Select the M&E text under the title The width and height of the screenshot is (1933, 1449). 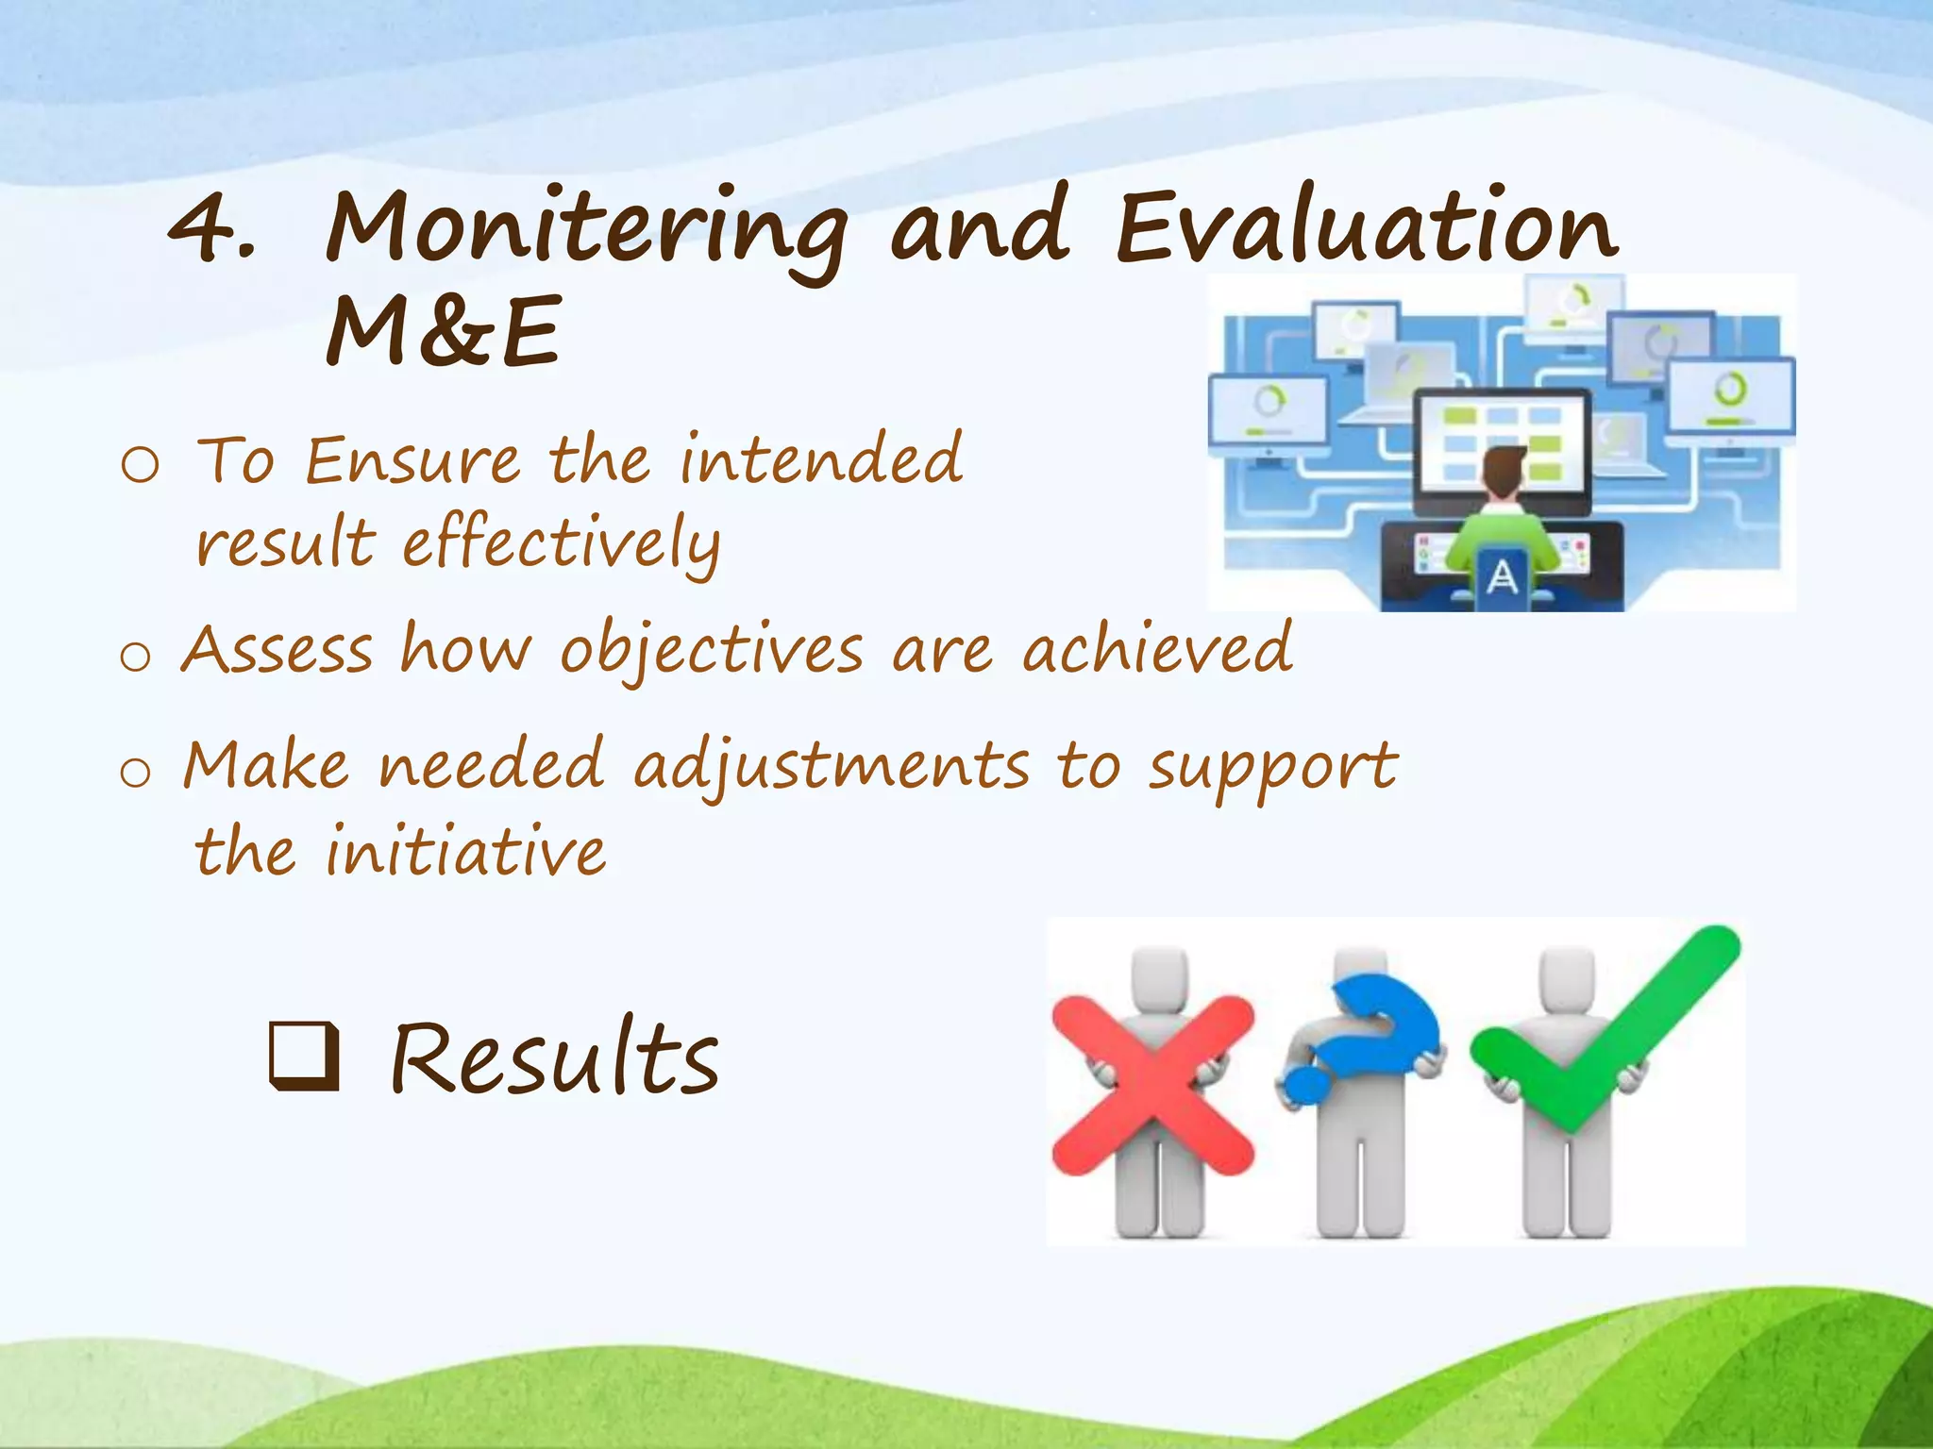click(444, 332)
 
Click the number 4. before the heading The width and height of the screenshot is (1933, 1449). click(212, 228)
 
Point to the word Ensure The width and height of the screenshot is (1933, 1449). click(412, 461)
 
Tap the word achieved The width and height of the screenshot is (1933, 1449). click(1158, 649)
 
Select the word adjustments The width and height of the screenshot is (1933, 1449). click(831, 766)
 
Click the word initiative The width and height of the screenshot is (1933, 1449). click(466, 851)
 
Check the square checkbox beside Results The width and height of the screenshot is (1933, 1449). click(304, 1057)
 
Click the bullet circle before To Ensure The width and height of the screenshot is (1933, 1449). click(141, 465)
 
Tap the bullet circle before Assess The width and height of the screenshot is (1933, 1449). click(136, 657)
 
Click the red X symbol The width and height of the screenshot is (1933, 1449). click(1152, 1085)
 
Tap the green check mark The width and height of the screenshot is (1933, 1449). click(1605, 1028)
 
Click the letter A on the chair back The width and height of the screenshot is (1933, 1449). click(1501, 576)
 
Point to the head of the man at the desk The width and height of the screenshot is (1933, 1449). click(1503, 469)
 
